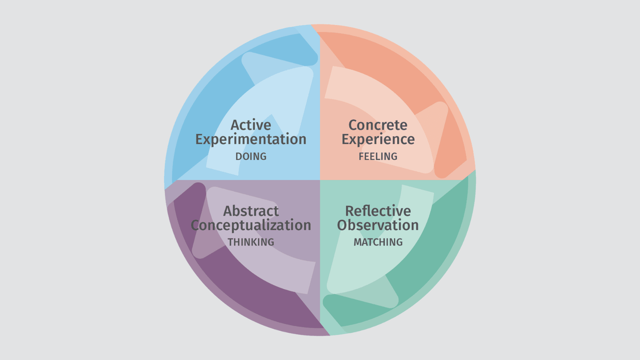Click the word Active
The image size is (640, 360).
(251, 125)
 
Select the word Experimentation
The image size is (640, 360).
(251, 140)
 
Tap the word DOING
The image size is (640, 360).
(251, 156)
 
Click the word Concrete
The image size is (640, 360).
(378, 125)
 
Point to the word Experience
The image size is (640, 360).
(378, 140)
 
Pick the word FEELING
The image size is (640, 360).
(378, 156)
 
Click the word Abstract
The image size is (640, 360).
(251, 211)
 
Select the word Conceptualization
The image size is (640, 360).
(251, 225)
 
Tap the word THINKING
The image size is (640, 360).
(251, 242)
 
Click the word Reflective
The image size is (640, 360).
(378, 211)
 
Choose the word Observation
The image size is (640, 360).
(378, 225)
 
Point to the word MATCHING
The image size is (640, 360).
(378, 242)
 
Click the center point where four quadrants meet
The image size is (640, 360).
(320, 180)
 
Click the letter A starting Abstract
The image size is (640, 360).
(228, 211)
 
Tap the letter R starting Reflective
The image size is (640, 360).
(350, 211)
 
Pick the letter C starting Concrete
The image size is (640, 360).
(353, 125)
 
